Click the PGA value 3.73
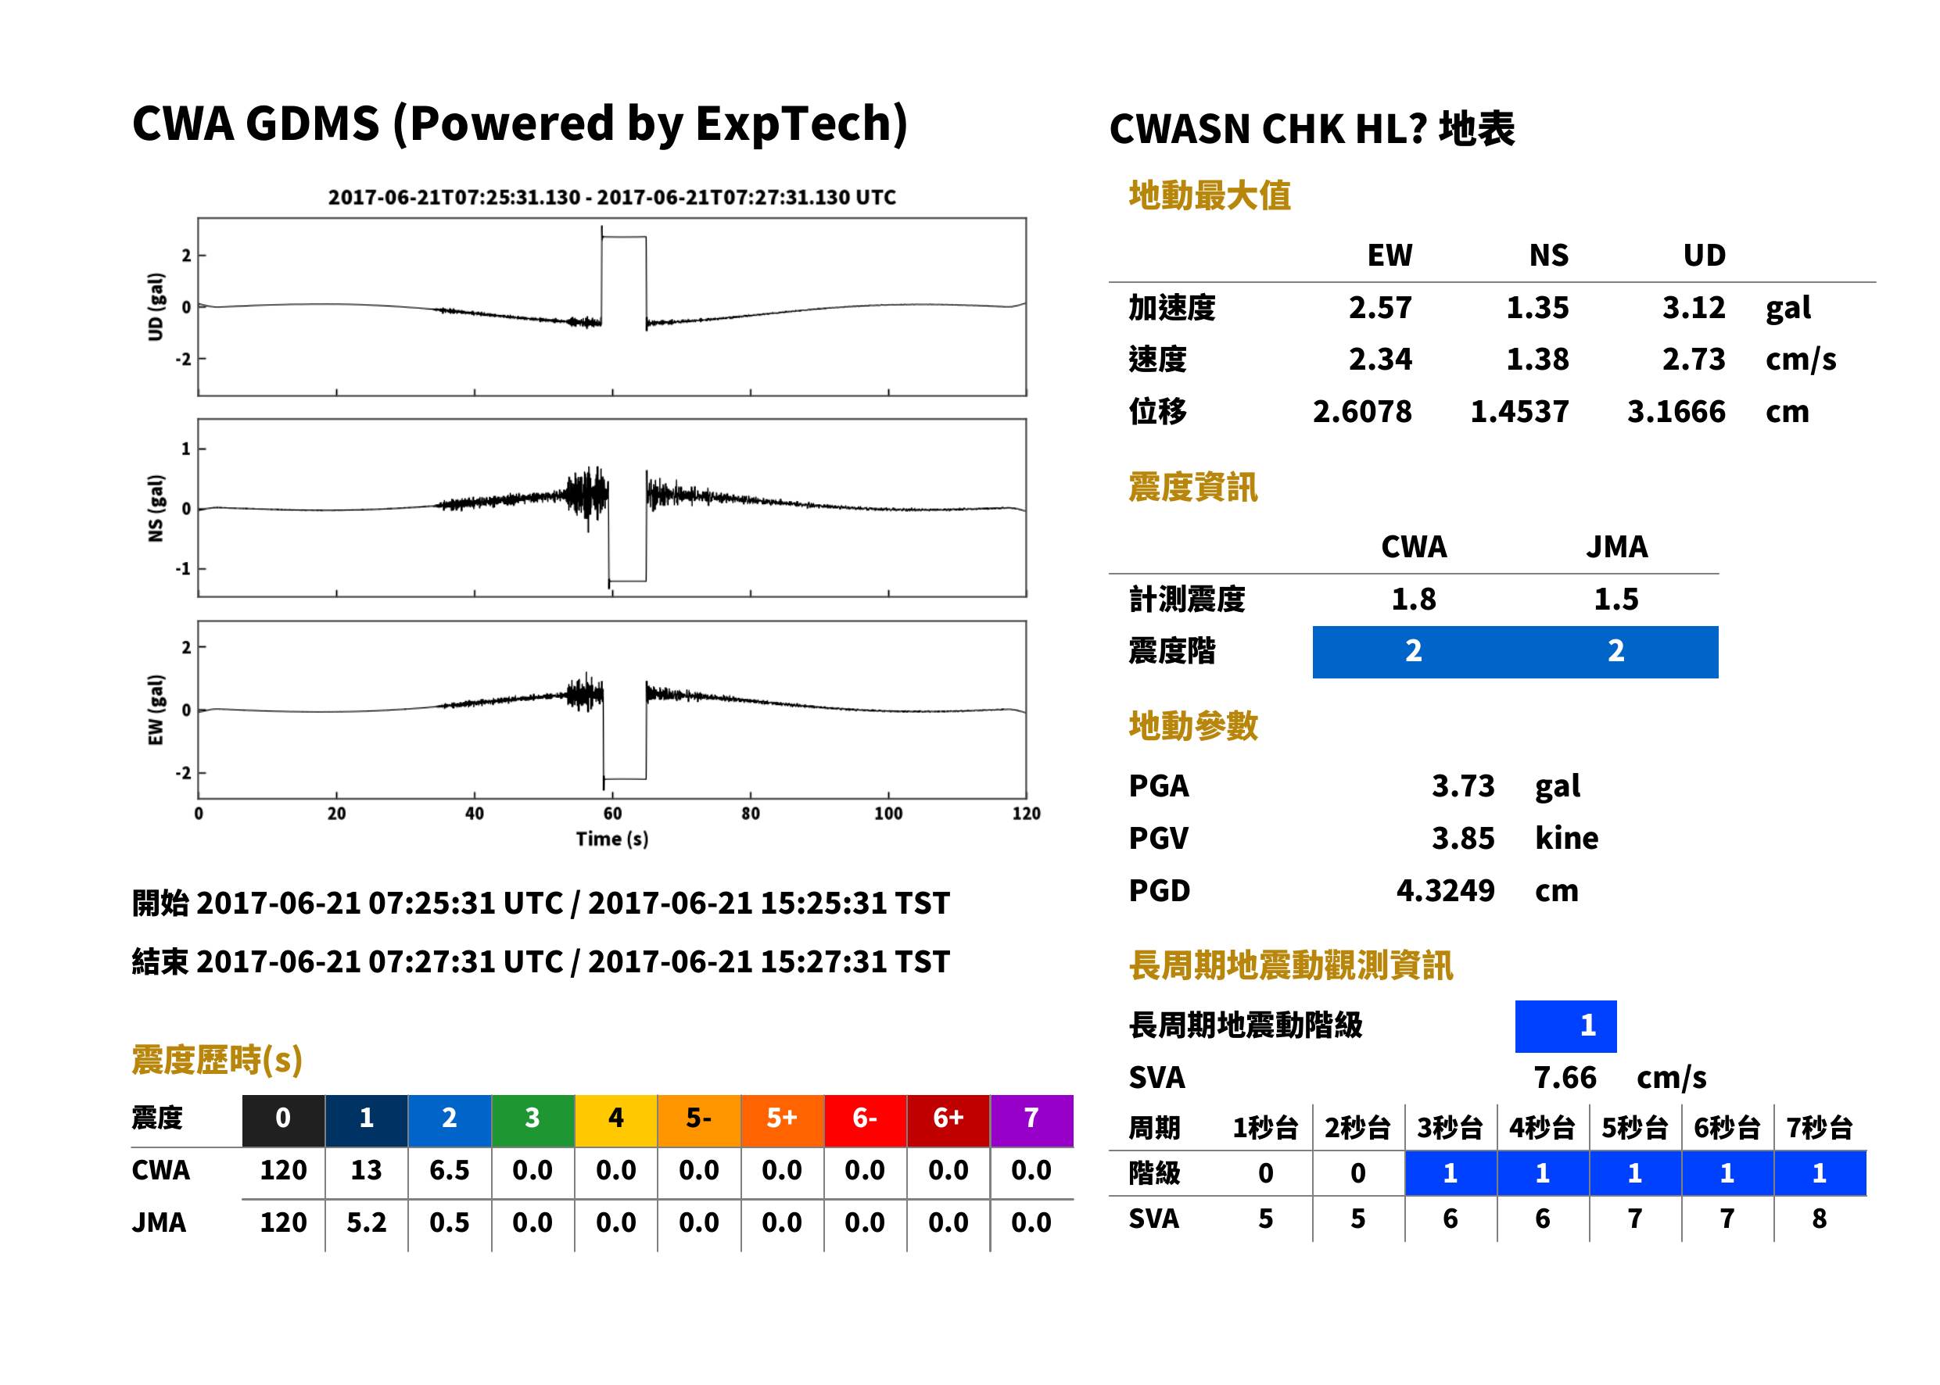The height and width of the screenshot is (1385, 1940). [1462, 786]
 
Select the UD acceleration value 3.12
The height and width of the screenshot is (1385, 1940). [1694, 307]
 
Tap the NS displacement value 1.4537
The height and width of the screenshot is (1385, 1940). [1519, 411]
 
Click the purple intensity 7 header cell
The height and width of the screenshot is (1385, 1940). [1031, 1118]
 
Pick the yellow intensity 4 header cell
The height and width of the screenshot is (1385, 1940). [616, 1118]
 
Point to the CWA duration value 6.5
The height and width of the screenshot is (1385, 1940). [450, 1170]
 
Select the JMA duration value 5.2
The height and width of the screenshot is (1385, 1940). [366, 1222]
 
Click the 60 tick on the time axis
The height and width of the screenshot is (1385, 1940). [612, 814]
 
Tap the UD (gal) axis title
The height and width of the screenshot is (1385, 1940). [156, 307]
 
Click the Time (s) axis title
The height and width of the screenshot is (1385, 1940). [611, 839]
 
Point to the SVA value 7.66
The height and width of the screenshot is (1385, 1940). [1565, 1077]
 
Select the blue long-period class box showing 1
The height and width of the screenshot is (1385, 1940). [1565, 1026]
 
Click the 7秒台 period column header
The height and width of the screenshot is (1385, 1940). [1819, 1127]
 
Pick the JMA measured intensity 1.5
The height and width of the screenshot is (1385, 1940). [1615, 599]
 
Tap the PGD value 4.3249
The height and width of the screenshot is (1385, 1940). [1445, 890]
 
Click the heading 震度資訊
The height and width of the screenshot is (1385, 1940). [1192, 487]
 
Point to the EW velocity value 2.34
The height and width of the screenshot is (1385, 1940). [1379, 359]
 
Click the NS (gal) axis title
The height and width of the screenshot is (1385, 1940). [156, 508]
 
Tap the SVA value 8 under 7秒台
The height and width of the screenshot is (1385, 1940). [1819, 1219]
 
